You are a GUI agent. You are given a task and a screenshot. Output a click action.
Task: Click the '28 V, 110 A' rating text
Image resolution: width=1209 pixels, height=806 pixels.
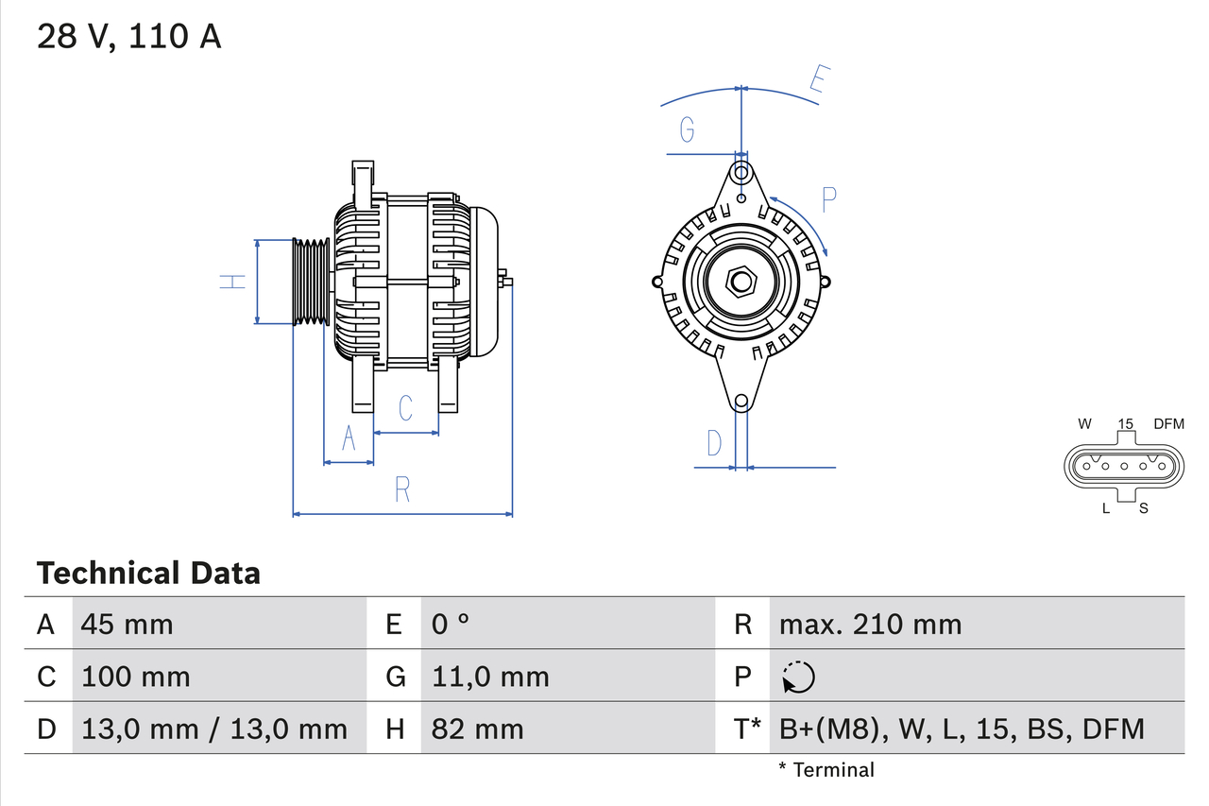(129, 36)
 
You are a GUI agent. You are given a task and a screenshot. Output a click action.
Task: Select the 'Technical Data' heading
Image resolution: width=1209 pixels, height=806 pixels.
(148, 573)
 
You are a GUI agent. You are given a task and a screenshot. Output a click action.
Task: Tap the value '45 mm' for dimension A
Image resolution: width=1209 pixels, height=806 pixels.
(128, 624)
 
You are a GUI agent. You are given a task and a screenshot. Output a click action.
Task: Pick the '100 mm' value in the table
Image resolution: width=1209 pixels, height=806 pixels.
(136, 677)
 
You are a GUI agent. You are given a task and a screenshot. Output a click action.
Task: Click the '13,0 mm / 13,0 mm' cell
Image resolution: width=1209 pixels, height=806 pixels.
(214, 729)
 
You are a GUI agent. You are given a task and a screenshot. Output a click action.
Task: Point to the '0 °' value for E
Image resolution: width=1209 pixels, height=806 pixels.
(451, 624)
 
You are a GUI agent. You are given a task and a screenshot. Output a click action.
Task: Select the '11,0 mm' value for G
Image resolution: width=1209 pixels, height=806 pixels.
(490, 677)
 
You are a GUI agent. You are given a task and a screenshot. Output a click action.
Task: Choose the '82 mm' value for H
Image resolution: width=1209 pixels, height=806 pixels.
(477, 729)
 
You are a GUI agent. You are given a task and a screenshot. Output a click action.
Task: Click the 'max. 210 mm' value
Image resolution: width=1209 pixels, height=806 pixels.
(870, 624)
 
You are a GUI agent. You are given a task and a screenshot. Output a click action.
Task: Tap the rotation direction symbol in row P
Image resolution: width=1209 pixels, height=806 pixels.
(798, 677)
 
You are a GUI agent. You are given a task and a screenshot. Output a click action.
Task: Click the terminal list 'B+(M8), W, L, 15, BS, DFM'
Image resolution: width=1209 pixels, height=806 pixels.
(962, 729)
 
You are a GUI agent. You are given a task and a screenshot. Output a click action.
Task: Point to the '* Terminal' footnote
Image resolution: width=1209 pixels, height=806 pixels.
(826, 769)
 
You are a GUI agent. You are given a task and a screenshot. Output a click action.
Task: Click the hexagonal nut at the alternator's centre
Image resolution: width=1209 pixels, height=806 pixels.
(741, 281)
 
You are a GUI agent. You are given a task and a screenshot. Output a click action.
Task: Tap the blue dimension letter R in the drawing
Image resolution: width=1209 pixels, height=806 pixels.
(402, 489)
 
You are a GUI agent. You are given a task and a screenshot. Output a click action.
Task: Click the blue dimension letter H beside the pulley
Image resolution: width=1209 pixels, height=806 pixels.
(232, 281)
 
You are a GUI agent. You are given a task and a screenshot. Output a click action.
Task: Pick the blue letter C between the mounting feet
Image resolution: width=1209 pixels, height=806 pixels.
(405, 408)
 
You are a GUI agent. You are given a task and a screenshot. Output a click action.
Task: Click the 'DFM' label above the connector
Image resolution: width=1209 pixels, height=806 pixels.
(1167, 423)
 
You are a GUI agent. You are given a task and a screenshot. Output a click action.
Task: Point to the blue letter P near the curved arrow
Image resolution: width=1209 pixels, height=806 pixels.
(828, 199)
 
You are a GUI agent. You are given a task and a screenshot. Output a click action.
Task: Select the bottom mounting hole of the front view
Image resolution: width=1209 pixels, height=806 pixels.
(741, 401)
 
